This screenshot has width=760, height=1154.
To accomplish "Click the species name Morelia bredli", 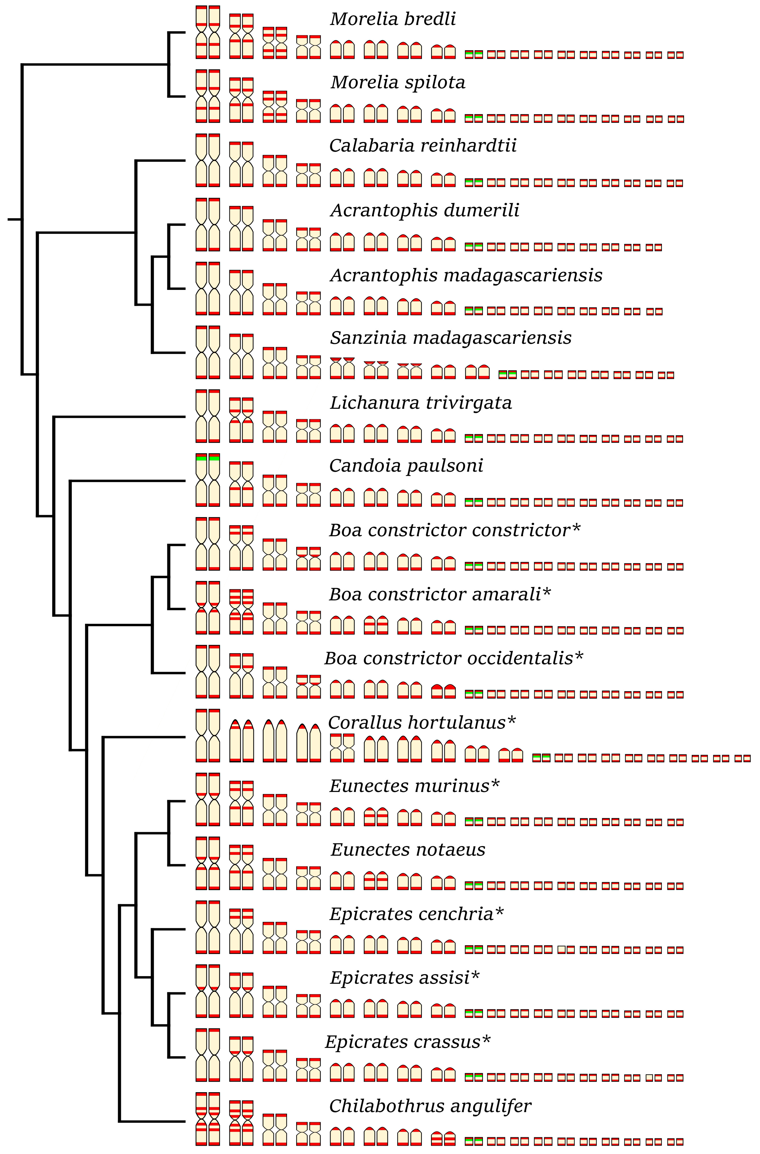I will pos(392,19).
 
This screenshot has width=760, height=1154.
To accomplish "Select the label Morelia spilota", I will pos(397,83).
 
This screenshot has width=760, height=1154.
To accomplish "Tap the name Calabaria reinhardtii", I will pos(423,146).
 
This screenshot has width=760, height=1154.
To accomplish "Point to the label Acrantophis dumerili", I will pos(425,210).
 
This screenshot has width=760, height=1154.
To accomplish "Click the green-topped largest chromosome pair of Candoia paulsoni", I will pos(208,480).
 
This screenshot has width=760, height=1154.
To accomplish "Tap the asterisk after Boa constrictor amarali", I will pos(547,593).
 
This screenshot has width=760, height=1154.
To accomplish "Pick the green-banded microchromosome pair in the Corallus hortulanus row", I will pos(541,757).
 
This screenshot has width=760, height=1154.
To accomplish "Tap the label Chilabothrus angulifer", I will pos(430,1106).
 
